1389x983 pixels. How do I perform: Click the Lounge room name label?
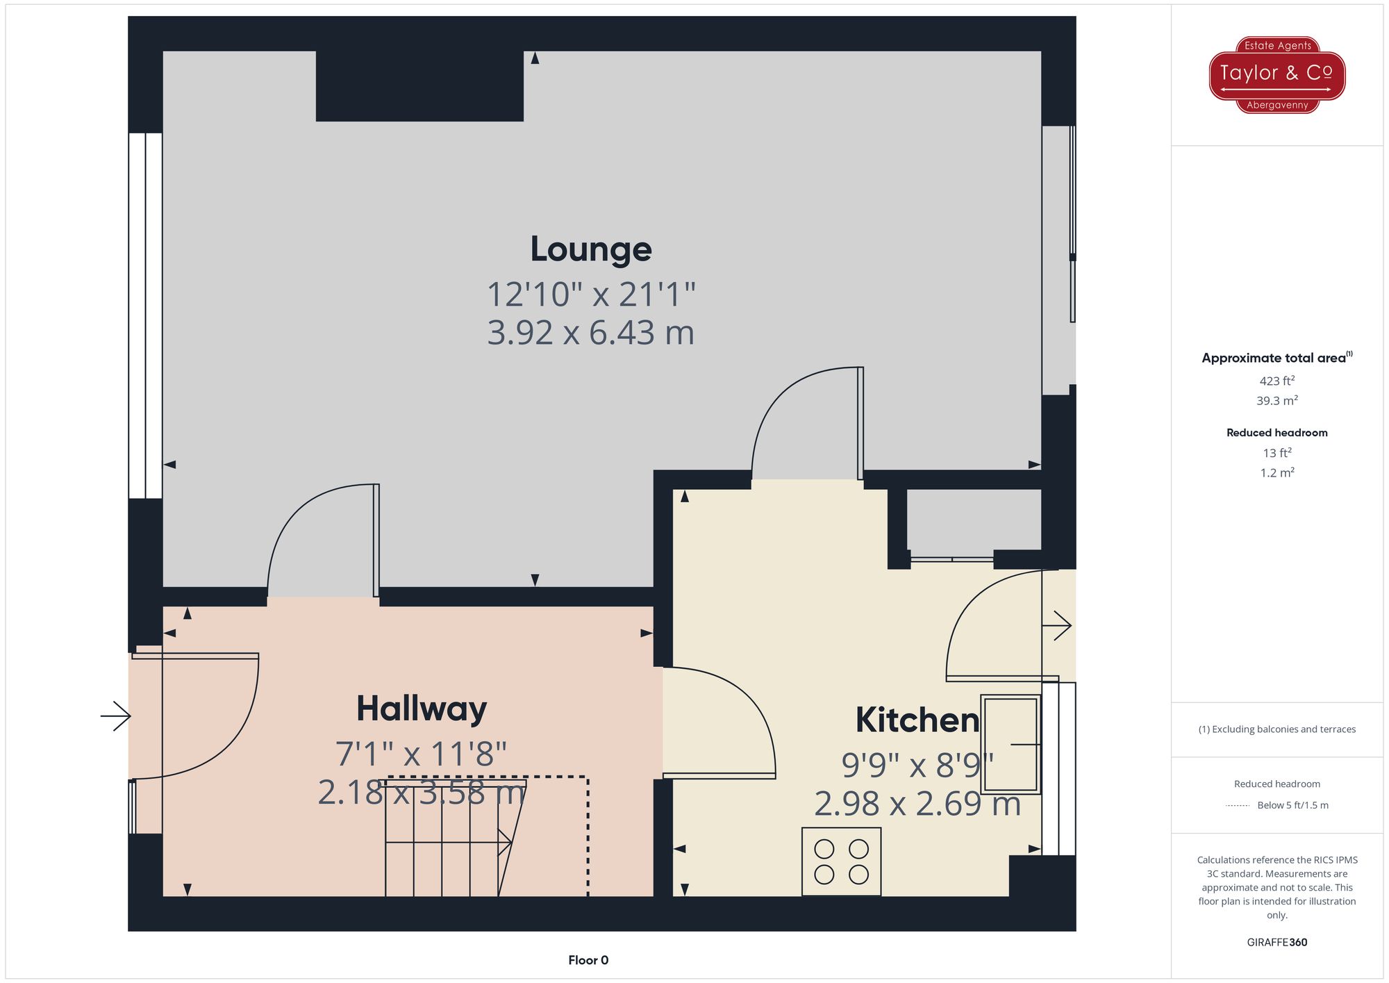[x=590, y=249]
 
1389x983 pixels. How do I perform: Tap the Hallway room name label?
[x=422, y=709]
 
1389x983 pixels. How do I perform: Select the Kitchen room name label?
[x=917, y=720]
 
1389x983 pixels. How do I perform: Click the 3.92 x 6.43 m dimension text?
[x=590, y=333]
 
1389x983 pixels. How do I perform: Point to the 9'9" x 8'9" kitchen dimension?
[x=917, y=766]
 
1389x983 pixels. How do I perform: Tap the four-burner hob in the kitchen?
[x=841, y=861]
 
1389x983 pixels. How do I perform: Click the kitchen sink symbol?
[x=1010, y=744]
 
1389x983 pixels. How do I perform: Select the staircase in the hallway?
[x=451, y=841]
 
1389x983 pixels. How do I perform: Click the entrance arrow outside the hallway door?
[x=115, y=716]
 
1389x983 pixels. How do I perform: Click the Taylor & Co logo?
[x=1276, y=74]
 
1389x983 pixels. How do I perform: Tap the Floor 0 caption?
[x=588, y=960]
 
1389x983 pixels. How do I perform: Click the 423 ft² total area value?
[x=1276, y=381]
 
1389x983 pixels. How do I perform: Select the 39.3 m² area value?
[x=1276, y=401]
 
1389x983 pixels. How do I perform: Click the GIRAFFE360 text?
[x=1276, y=942]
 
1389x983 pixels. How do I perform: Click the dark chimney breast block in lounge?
[x=419, y=86]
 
